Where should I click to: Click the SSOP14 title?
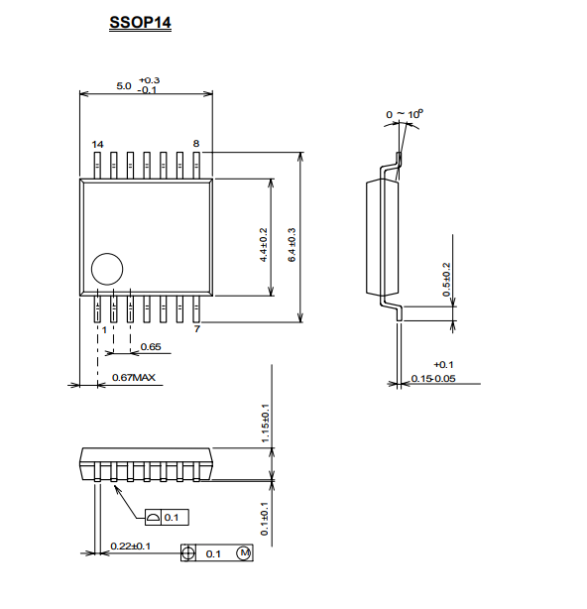click(140, 23)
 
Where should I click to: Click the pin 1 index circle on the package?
click(107, 269)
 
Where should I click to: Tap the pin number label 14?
click(97, 145)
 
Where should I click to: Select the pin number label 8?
click(196, 143)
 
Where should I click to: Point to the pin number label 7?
click(197, 329)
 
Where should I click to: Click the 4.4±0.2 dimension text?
click(263, 245)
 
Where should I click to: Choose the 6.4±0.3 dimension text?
click(292, 245)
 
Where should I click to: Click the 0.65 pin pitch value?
click(151, 346)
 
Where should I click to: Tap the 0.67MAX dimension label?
click(134, 377)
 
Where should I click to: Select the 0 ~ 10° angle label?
click(405, 114)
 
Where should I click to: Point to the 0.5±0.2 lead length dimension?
click(447, 280)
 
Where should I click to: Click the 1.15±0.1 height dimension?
click(265, 424)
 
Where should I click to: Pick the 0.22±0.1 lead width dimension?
click(131, 547)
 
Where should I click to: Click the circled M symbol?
click(244, 552)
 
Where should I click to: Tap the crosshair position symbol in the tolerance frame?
click(187, 553)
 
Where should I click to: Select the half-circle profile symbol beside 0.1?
click(153, 518)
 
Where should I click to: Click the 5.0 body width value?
click(124, 86)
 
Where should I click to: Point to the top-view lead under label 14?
click(97, 166)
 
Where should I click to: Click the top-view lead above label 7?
click(196, 309)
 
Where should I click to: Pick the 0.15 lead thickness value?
click(420, 378)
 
